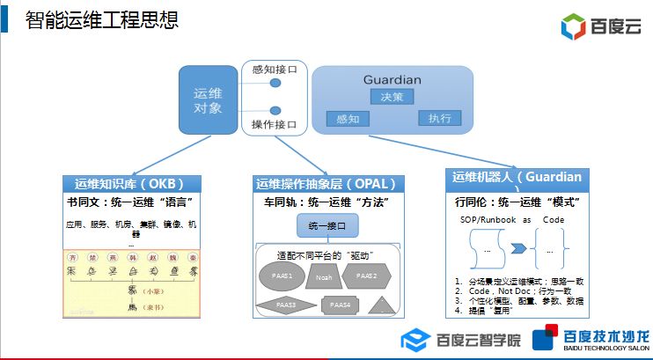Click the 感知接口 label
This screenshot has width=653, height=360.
[x=275, y=68]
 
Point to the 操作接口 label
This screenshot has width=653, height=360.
[x=275, y=124]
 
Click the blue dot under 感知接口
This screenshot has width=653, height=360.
[x=275, y=84]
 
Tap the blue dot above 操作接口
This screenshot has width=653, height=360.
[x=275, y=110]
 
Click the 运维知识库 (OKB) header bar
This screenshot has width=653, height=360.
[x=131, y=184]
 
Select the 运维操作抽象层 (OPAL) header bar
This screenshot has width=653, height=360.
[x=326, y=184]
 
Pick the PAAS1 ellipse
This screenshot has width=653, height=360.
[x=282, y=276]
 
